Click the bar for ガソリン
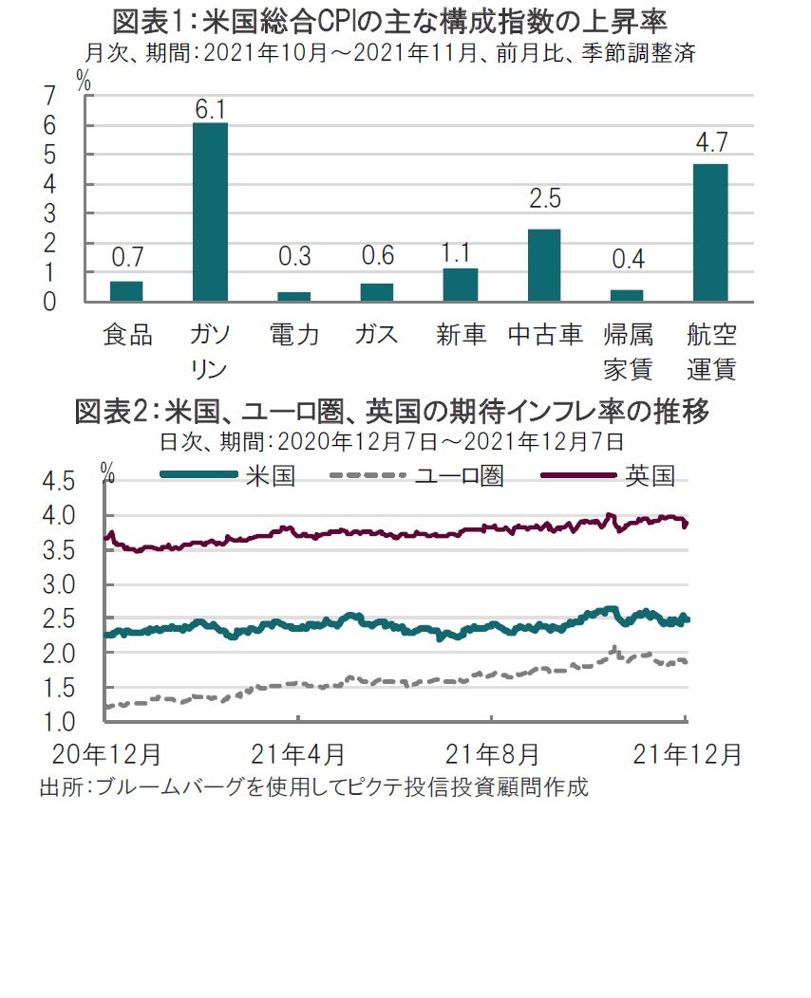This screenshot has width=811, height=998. (x=210, y=213)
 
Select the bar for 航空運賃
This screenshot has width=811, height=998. (x=710, y=232)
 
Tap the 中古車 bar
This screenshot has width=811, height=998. (x=543, y=266)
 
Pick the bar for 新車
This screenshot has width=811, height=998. (x=461, y=285)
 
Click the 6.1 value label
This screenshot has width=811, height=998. (x=210, y=109)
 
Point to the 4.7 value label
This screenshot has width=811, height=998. (x=710, y=143)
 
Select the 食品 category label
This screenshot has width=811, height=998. (x=126, y=335)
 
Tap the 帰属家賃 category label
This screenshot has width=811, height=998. (x=627, y=351)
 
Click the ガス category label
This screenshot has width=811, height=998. (x=377, y=335)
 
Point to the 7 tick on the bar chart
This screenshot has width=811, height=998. (x=49, y=95)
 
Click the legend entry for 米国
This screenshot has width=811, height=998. (x=228, y=475)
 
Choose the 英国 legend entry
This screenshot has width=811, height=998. (x=608, y=475)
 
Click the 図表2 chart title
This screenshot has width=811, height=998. (x=392, y=413)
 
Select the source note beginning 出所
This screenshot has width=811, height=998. (x=313, y=786)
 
